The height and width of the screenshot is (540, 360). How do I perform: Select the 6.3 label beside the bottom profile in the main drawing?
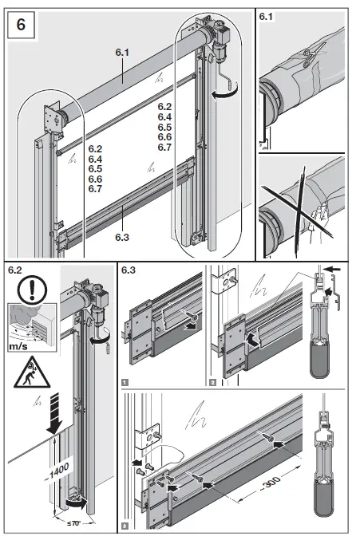[x=121, y=236]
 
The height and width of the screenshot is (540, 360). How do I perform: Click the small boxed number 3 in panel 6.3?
[x=125, y=526]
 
